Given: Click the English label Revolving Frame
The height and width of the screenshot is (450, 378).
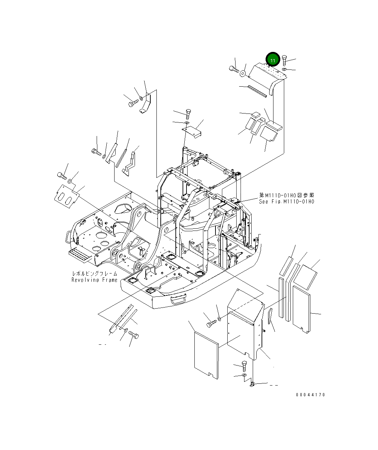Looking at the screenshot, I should [x=94, y=280].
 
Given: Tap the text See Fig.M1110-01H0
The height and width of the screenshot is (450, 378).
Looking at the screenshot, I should [x=286, y=202].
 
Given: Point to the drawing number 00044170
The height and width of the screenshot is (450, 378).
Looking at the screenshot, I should [x=310, y=395].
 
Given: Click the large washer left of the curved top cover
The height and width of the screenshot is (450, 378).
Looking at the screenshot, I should [x=243, y=73].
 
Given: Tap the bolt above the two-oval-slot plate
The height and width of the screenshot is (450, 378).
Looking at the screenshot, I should [x=62, y=175].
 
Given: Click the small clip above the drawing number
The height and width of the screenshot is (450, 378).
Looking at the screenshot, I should [x=252, y=384].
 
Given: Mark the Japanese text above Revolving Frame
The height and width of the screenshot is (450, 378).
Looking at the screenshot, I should [x=94, y=274].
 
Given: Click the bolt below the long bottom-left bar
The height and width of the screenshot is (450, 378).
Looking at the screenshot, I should [x=135, y=335].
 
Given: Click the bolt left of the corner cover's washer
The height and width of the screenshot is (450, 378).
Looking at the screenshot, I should [x=210, y=324].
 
